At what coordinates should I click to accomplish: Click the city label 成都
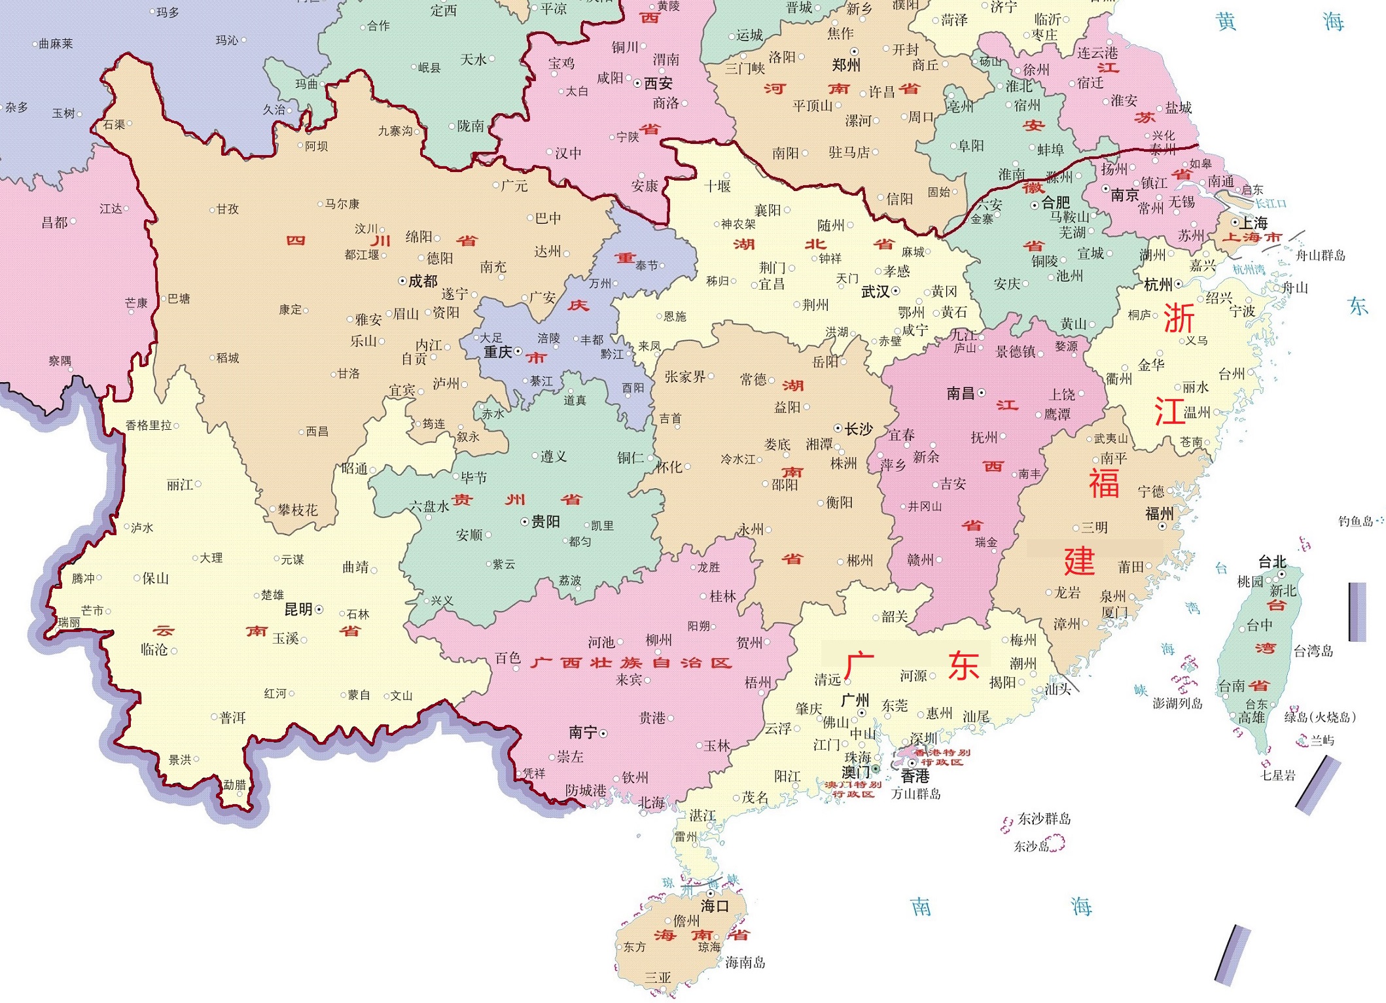[x=423, y=281]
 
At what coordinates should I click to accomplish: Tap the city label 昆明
[x=298, y=609]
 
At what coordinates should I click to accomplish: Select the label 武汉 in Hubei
[x=876, y=292]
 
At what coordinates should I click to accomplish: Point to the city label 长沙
[x=859, y=429]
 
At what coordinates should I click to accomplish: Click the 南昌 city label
[x=961, y=393]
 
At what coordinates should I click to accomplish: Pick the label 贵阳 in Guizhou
[x=545, y=521]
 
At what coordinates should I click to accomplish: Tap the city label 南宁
[x=582, y=732]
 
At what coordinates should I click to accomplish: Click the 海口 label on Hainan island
[x=715, y=906]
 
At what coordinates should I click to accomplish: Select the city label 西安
[x=658, y=83]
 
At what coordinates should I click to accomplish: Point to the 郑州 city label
[x=846, y=65]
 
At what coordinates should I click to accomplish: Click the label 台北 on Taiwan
[x=1272, y=562]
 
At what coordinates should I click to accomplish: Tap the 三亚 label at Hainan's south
[x=658, y=977]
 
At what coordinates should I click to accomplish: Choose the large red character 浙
[x=1179, y=319]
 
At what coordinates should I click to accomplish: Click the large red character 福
[x=1104, y=483]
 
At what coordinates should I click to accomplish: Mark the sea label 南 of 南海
[x=921, y=907]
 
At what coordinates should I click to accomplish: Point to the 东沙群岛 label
[x=1044, y=818]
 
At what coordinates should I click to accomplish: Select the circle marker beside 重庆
[x=518, y=352]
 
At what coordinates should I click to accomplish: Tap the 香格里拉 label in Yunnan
[x=149, y=425]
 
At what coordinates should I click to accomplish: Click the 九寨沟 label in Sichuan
[x=395, y=131]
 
